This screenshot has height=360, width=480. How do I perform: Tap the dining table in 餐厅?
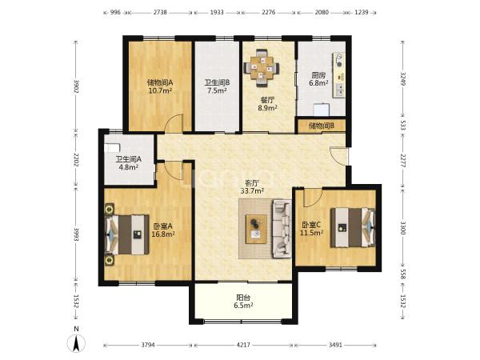(x=262, y=68)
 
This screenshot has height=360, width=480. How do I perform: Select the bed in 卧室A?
(x=126, y=234)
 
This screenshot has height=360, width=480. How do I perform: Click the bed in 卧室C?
(x=353, y=227)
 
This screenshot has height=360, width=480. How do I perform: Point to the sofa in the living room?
(x=282, y=228)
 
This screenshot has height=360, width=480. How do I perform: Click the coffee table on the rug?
(x=256, y=229)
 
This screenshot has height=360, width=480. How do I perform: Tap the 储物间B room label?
(x=321, y=126)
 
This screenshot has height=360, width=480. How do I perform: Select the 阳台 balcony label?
(x=243, y=298)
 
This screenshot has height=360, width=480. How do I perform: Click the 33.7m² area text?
(x=252, y=191)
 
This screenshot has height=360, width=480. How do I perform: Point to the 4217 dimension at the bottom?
(x=243, y=345)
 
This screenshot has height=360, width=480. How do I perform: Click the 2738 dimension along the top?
(x=160, y=13)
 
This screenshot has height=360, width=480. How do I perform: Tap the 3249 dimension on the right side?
(x=403, y=79)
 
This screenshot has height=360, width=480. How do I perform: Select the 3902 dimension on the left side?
(x=76, y=86)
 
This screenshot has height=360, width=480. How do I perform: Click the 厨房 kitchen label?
(x=318, y=75)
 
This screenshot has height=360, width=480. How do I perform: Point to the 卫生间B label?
(x=217, y=82)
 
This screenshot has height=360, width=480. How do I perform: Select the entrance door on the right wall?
(x=339, y=156)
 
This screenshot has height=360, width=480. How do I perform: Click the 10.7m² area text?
(x=160, y=90)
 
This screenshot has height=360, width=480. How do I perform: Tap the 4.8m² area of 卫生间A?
(x=129, y=167)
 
